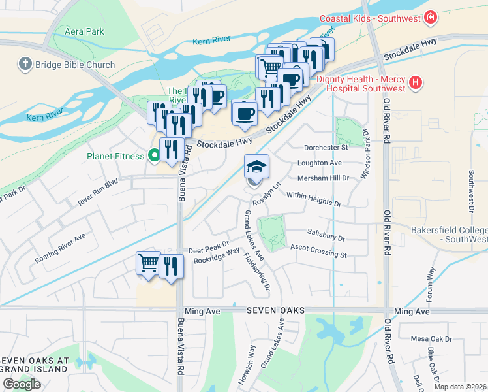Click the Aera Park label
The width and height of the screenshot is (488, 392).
click(x=85, y=31)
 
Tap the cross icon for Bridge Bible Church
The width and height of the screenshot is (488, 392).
click(x=25, y=65)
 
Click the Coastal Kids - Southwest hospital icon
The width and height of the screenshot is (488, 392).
click(x=430, y=18)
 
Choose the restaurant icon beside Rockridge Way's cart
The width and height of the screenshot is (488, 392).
click(x=171, y=265)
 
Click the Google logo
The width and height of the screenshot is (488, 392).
click(x=22, y=384)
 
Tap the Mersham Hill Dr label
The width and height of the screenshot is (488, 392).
click(x=323, y=177)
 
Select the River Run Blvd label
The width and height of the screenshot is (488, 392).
click(x=98, y=193)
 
